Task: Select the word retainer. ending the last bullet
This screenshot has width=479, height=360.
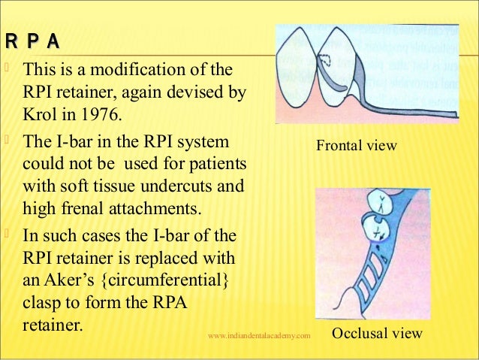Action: [x=56, y=328]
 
